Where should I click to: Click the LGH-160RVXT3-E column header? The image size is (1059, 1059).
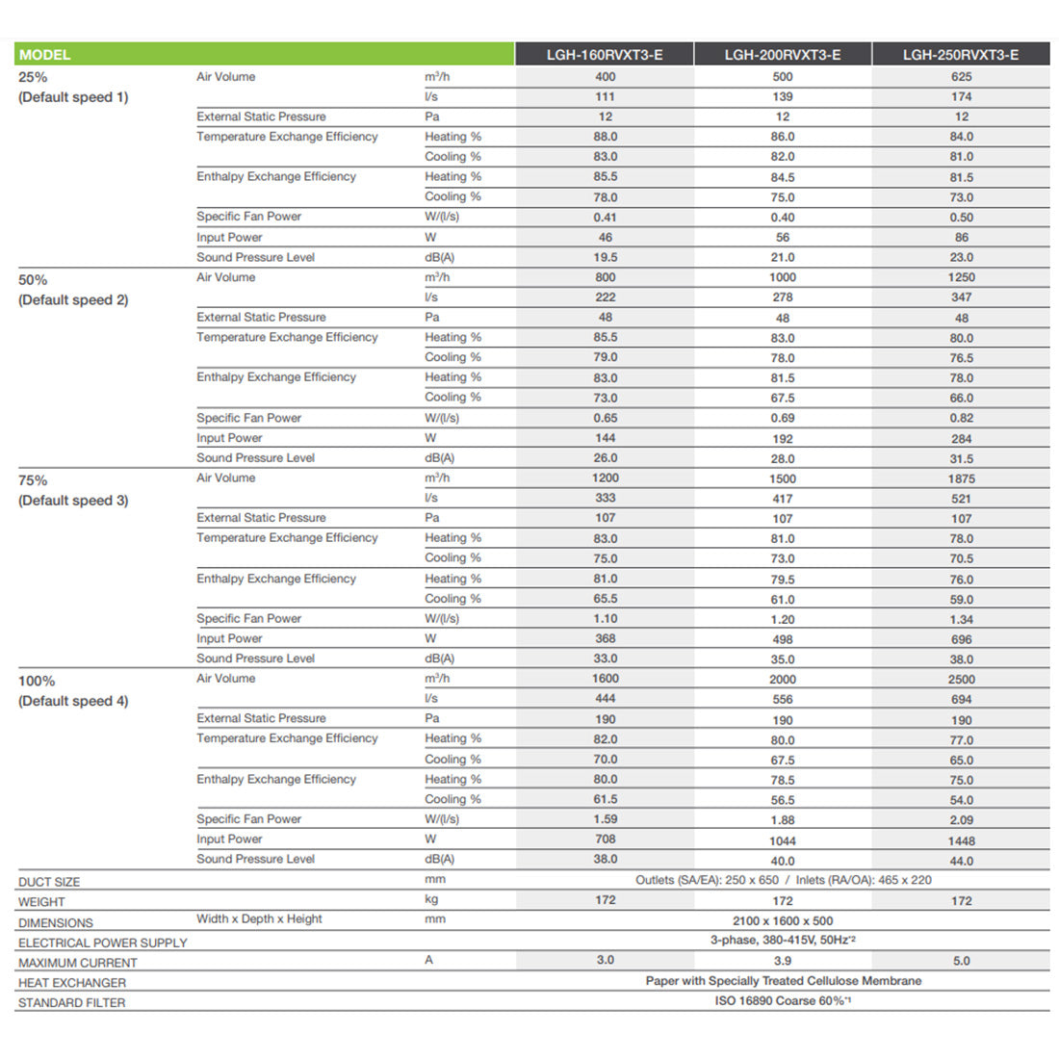click(605, 55)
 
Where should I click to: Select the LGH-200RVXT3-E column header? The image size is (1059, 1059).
click(783, 55)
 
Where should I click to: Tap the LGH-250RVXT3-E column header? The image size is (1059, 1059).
click(961, 55)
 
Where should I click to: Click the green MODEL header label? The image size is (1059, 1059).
click(45, 55)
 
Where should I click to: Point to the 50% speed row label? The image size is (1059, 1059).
click(33, 280)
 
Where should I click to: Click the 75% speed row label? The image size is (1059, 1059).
click(33, 480)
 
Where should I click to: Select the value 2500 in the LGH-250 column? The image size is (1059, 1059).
click(961, 680)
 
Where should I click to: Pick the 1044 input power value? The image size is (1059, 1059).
click(783, 840)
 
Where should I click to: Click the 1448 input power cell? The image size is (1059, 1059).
click(961, 840)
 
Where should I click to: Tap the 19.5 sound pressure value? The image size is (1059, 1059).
click(606, 257)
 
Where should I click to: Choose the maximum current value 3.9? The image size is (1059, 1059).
click(783, 961)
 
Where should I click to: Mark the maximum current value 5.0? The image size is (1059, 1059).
click(961, 961)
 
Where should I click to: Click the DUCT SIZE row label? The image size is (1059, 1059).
click(49, 882)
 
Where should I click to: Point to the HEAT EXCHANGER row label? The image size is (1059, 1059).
click(72, 983)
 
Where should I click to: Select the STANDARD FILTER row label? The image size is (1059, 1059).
click(71, 1003)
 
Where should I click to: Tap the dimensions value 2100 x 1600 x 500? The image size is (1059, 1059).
click(783, 920)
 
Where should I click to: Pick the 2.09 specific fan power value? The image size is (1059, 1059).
click(961, 820)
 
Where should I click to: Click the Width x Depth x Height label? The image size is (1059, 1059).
click(260, 919)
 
